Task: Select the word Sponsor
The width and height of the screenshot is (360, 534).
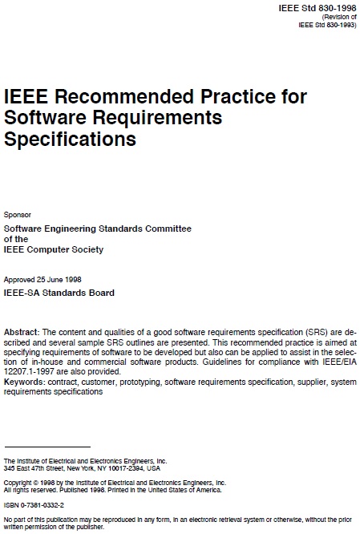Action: tap(18, 214)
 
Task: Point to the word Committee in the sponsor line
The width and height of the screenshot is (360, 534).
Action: tap(165, 229)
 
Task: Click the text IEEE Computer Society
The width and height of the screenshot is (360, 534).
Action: tap(54, 249)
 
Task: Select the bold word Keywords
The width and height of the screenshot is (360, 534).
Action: tap(25, 381)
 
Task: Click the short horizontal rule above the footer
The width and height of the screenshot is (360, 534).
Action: tap(47, 447)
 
